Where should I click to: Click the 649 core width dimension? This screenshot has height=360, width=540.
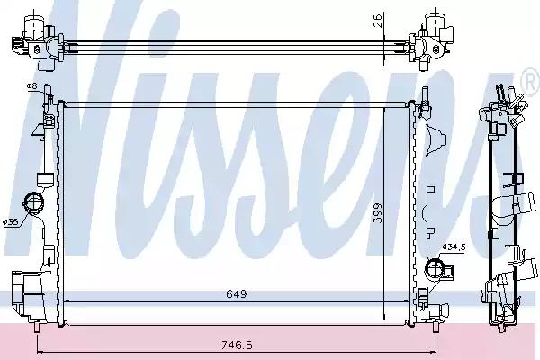pyautogui.click(x=237, y=294)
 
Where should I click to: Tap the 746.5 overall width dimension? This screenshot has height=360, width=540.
pyautogui.click(x=237, y=345)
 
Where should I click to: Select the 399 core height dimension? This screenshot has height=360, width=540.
pyautogui.click(x=378, y=213)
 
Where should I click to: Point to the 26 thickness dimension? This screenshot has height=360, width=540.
pyautogui.click(x=378, y=21)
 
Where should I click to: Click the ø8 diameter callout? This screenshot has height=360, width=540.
pyautogui.click(x=31, y=86)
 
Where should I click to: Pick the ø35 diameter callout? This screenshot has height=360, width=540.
pyautogui.click(x=10, y=222)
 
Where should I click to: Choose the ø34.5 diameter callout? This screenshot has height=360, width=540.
pyautogui.click(x=454, y=247)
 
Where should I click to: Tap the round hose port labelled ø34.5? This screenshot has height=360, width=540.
pyautogui.click(x=435, y=268)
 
